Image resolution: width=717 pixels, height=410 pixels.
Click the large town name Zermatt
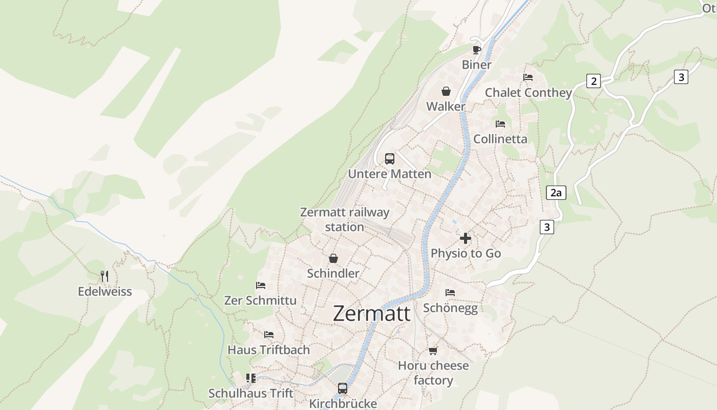click(371, 313)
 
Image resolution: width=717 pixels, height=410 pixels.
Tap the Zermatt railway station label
click(345, 219)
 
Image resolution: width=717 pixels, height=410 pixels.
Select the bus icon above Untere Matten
click(390, 159)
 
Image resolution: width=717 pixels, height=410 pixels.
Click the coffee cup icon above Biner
click(476, 50)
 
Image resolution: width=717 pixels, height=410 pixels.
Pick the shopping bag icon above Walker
click(446, 91)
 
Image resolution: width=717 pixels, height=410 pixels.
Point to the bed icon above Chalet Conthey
click(528, 77)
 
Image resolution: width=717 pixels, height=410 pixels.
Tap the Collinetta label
click(500, 139)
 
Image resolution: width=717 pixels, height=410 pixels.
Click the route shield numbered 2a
click(556, 193)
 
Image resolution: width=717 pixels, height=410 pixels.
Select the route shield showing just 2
click(594, 81)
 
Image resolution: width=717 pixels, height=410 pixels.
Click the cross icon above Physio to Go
click(466, 238)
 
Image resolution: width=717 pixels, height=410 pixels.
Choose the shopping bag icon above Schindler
click(333, 258)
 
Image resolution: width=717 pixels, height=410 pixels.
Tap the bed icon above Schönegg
click(450, 293)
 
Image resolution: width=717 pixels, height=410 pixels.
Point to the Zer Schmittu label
click(260, 300)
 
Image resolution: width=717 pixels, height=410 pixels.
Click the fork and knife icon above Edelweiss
click(104, 276)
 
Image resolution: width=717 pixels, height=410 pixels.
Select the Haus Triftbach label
click(268, 350)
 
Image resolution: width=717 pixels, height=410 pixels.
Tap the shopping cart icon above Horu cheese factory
click(433, 351)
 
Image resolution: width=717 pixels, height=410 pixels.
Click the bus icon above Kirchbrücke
click(343, 388)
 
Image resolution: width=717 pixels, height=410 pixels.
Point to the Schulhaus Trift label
click(250, 394)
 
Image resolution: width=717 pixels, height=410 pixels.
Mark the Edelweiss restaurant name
click(104, 292)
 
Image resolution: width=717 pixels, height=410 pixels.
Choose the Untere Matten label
click(390, 174)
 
